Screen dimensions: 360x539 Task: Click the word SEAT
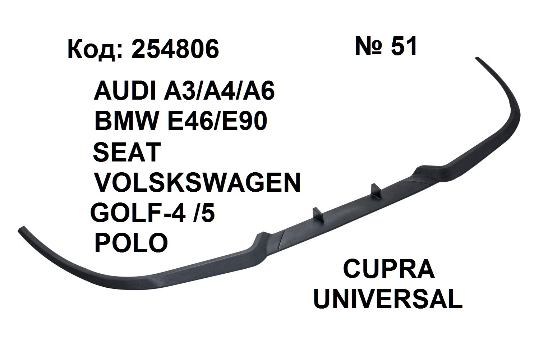(126, 152)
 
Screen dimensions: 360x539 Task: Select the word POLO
(131, 243)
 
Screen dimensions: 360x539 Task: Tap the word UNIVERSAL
(388, 300)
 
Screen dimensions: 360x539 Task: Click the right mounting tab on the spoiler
(375, 191)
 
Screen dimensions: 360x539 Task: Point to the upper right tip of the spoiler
(479, 59)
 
